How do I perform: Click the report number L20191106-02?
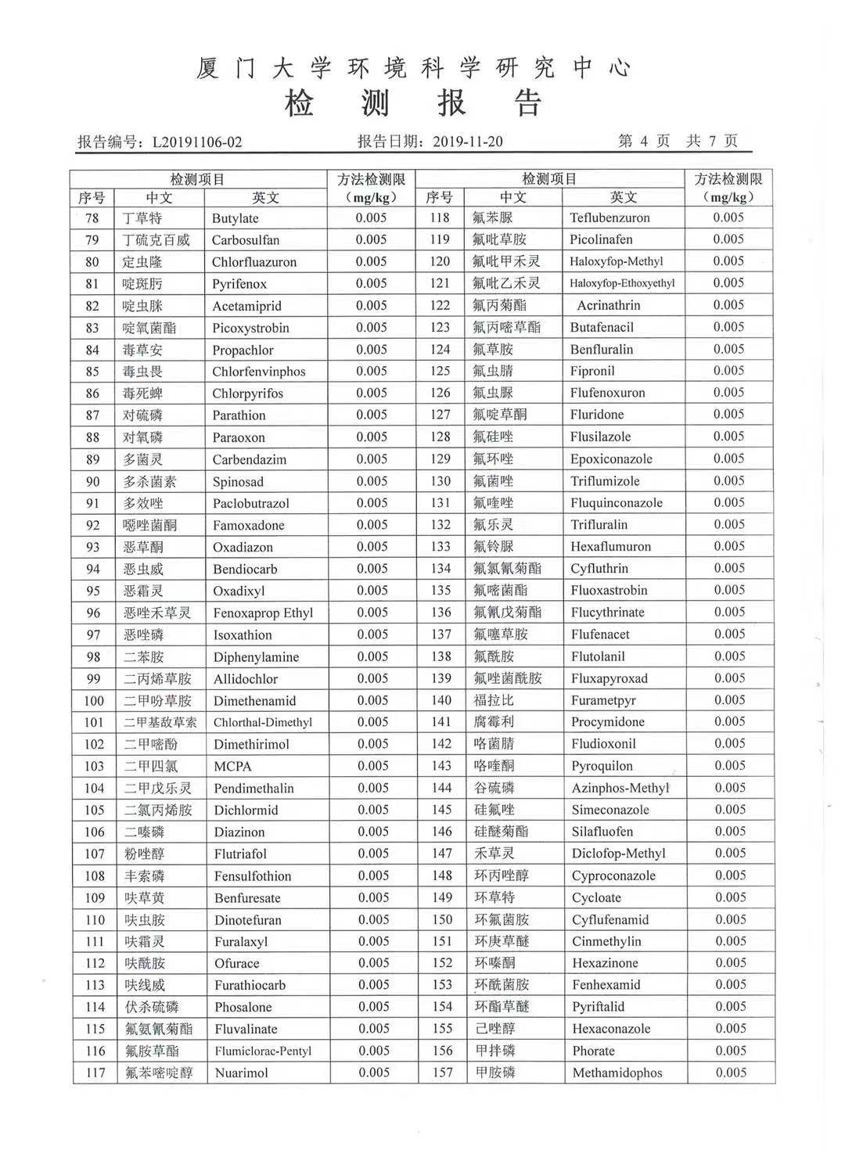(x=197, y=142)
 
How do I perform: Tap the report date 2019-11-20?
(x=467, y=142)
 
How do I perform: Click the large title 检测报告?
(x=414, y=102)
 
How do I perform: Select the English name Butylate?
(x=235, y=218)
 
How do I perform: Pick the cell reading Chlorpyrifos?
(x=247, y=394)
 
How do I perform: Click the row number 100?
(x=94, y=701)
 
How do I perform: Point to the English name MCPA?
(x=232, y=767)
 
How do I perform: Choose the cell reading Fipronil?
(x=592, y=371)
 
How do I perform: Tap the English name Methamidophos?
(x=617, y=1073)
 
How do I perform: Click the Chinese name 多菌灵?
(x=143, y=459)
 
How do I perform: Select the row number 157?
(x=442, y=1073)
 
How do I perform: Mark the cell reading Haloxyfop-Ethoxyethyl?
(x=622, y=283)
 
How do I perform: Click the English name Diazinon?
(x=239, y=832)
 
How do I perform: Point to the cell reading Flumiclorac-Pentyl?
(x=263, y=1051)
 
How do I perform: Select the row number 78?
(x=92, y=218)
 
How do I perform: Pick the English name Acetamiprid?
(x=246, y=306)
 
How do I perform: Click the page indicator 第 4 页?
(x=644, y=141)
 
